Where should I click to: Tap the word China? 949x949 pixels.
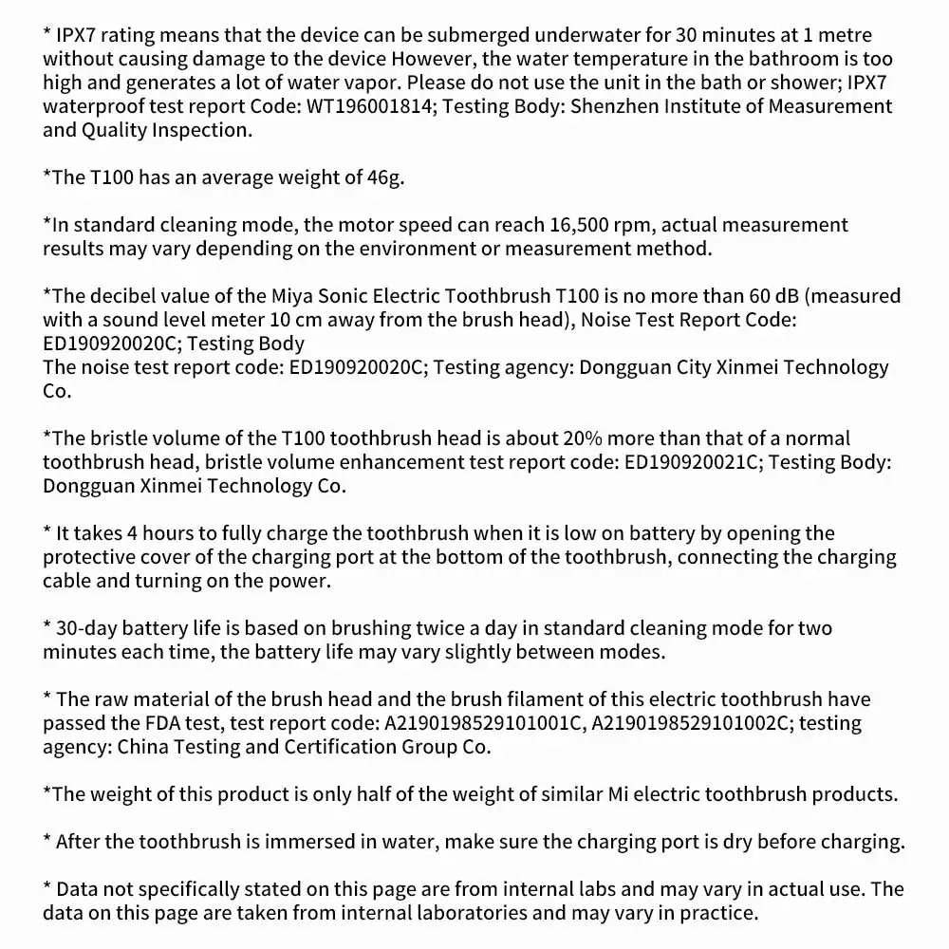[144, 747]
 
